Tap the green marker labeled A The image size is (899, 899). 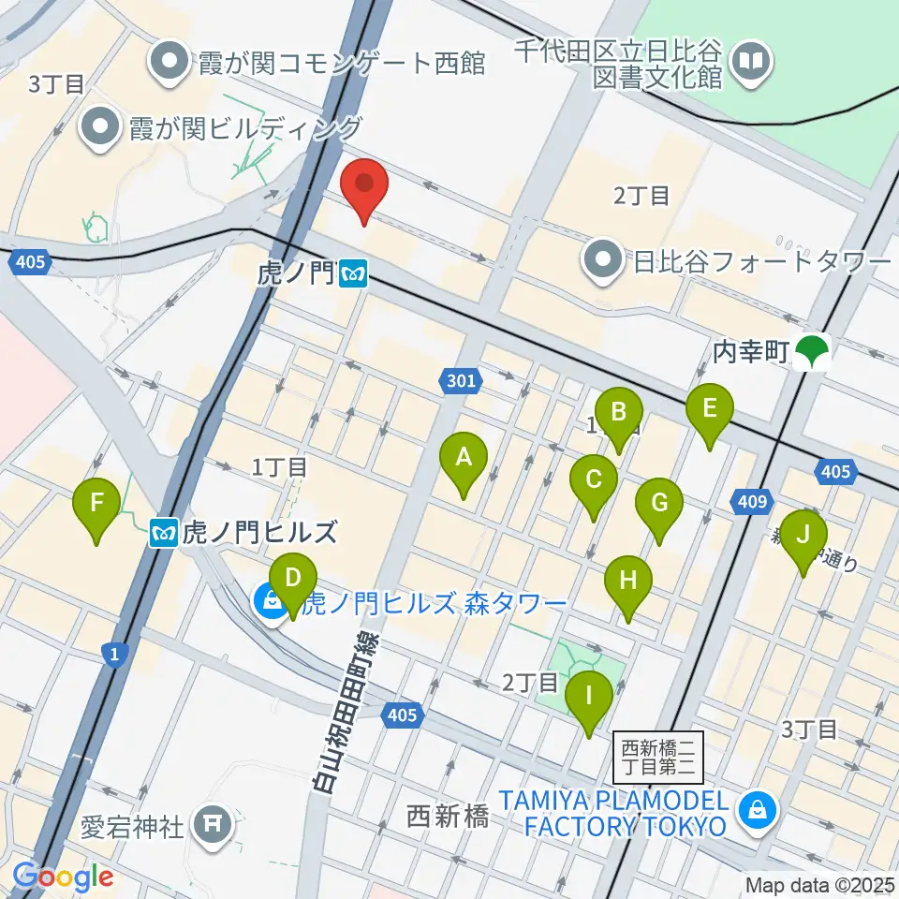click(463, 462)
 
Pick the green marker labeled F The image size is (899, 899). click(97, 507)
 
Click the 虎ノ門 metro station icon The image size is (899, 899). click(354, 274)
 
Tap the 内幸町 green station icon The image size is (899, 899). click(810, 353)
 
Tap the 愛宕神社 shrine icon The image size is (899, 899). click(211, 824)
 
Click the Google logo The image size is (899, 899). click(64, 877)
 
